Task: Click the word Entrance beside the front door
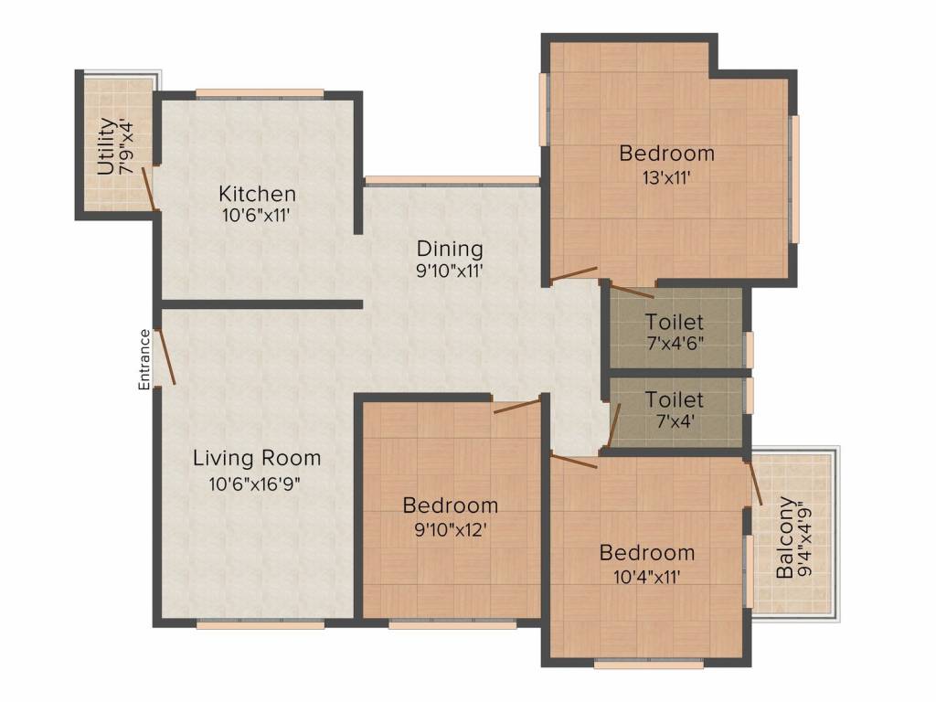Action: click(x=144, y=360)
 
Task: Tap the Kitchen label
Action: click(x=257, y=194)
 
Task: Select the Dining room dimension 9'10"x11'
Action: click(x=449, y=271)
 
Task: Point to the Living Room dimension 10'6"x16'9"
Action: click(x=254, y=484)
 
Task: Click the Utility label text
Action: click(x=106, y=147)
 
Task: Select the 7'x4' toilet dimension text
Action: click(x=675, y=422)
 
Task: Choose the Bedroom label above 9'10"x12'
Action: click(x=450, y=505)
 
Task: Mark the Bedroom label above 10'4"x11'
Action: click(x=647, y=553)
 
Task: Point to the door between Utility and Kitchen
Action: click(x=149, y=189)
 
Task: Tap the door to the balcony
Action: click(x=754, y=483)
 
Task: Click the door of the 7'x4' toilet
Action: click(x=614, y=424)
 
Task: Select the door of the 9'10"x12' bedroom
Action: click(x=517, y=407)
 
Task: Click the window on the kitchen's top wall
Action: click(x=260, y=94)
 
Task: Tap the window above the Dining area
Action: click(x=452, y=181)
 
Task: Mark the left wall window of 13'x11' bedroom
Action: click(x=544, y=109)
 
